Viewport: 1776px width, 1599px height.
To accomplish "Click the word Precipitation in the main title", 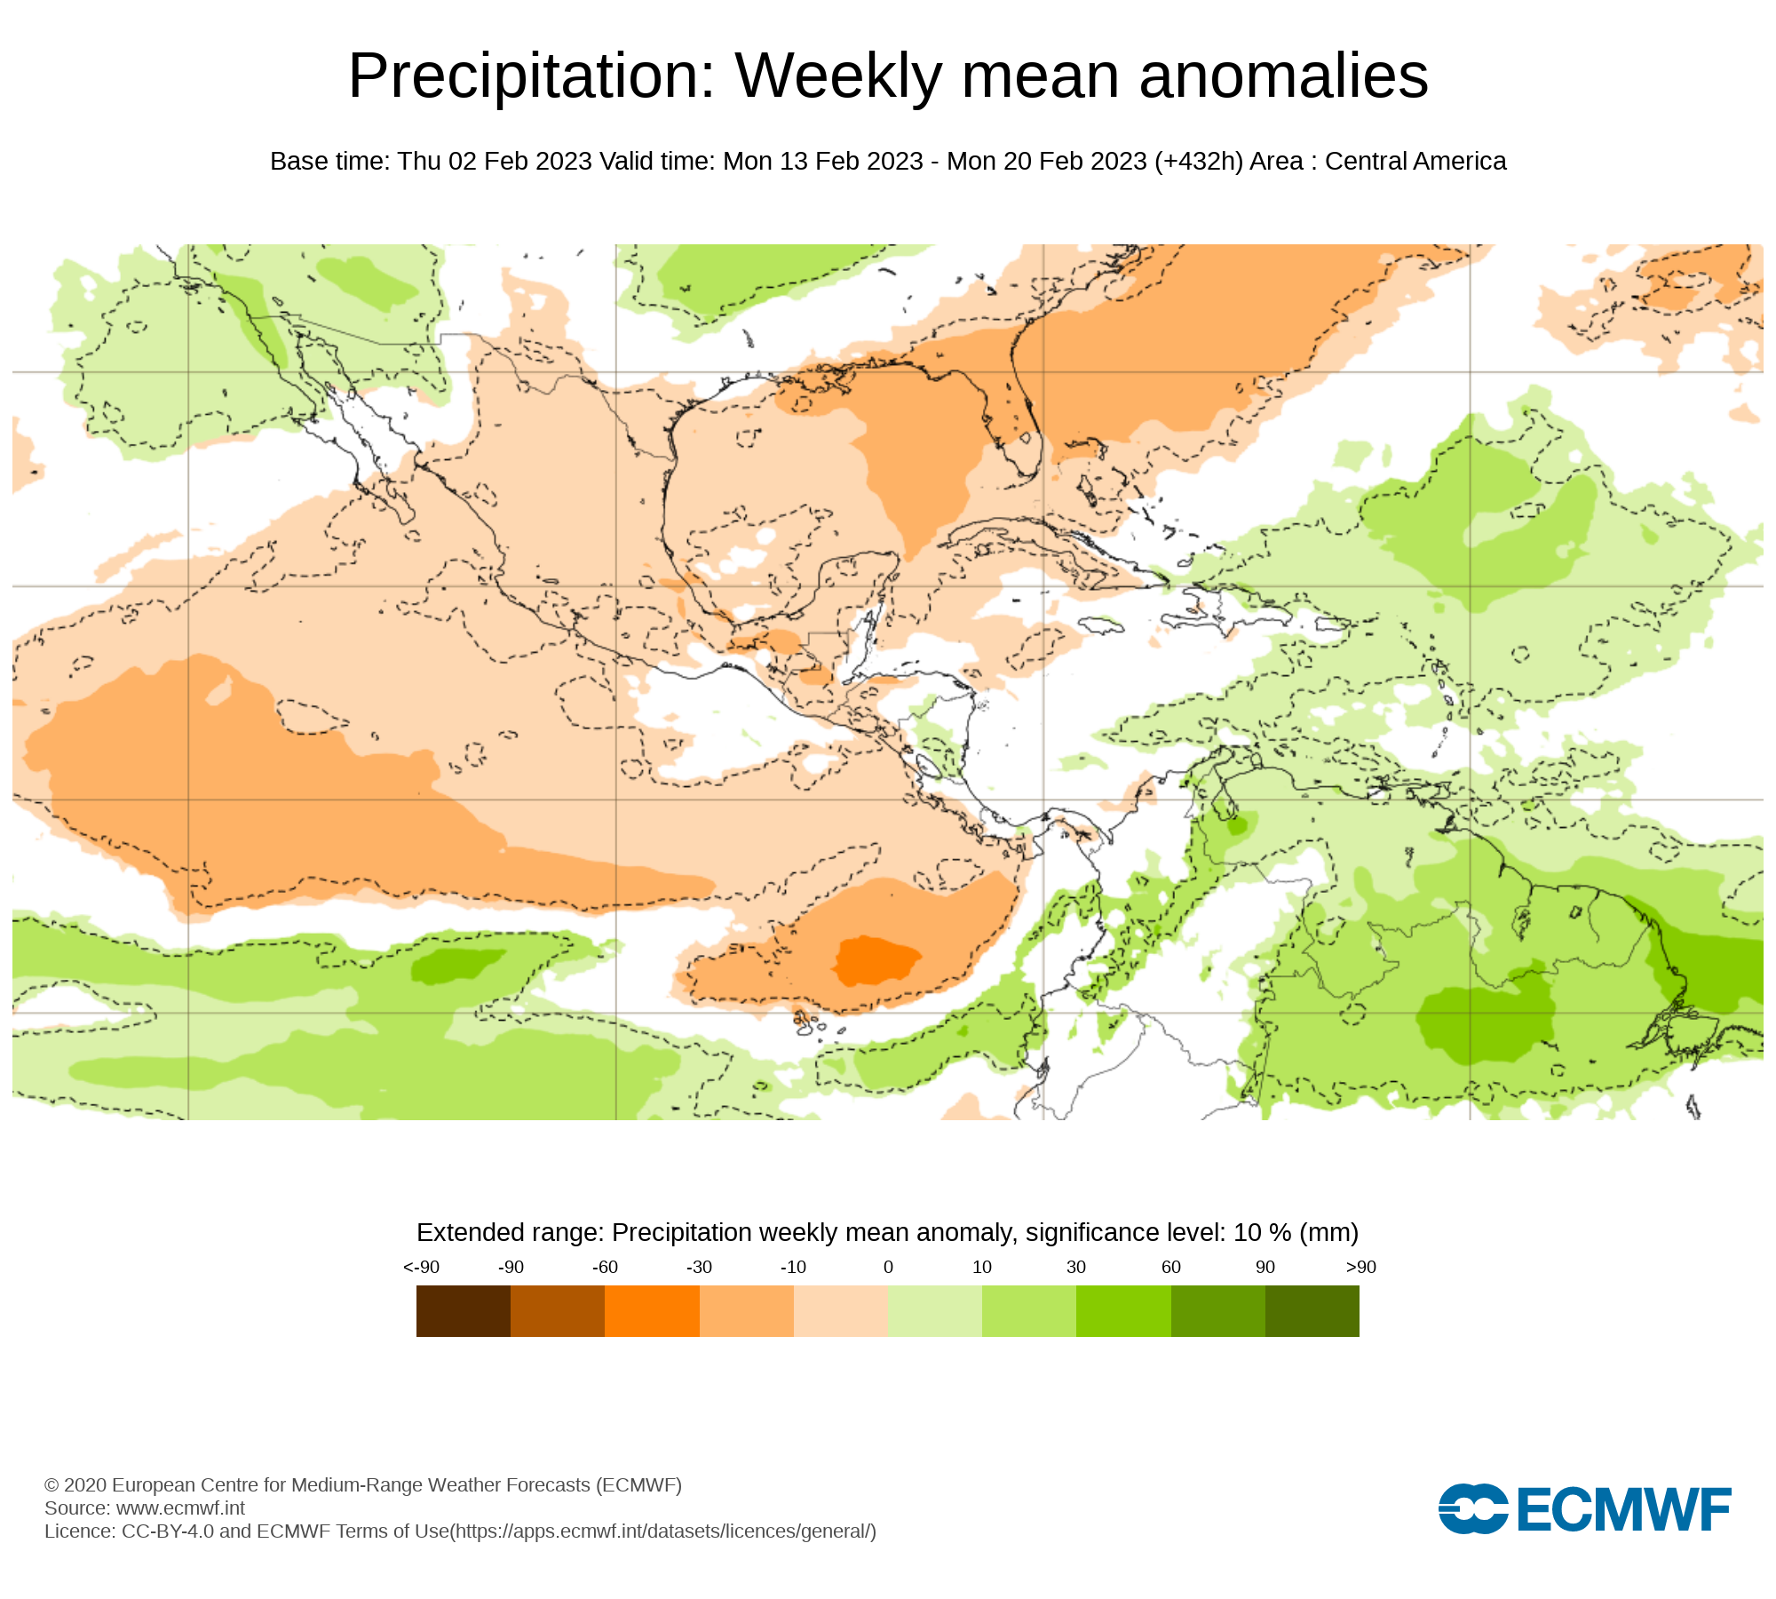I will [531, 76].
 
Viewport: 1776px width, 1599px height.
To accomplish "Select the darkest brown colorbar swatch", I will [463, 1311].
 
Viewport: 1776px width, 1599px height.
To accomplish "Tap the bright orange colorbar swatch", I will [652, 1311].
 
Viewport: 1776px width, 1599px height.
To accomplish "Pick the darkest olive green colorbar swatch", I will [1312, 1311].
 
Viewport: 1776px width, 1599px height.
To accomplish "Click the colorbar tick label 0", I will [888, 1268].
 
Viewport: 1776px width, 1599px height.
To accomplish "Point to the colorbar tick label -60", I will [605, 1268].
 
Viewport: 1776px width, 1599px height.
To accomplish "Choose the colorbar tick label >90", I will [1360, 1268].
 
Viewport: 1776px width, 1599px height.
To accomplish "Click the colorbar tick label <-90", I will [421, 1268].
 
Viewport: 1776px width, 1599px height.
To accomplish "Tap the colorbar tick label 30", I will [1076, 1268].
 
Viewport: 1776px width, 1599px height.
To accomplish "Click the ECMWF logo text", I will [1624, 1509].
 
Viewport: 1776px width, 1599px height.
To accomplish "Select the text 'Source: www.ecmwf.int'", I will [145, 1508].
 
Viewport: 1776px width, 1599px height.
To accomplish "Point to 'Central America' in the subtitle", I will [1415, 162].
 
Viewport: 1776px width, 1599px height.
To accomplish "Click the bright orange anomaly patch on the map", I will [875, 959].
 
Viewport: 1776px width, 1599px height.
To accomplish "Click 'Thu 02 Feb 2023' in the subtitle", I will [495, 162].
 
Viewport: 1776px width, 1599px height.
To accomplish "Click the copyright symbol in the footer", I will [52, 1485].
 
